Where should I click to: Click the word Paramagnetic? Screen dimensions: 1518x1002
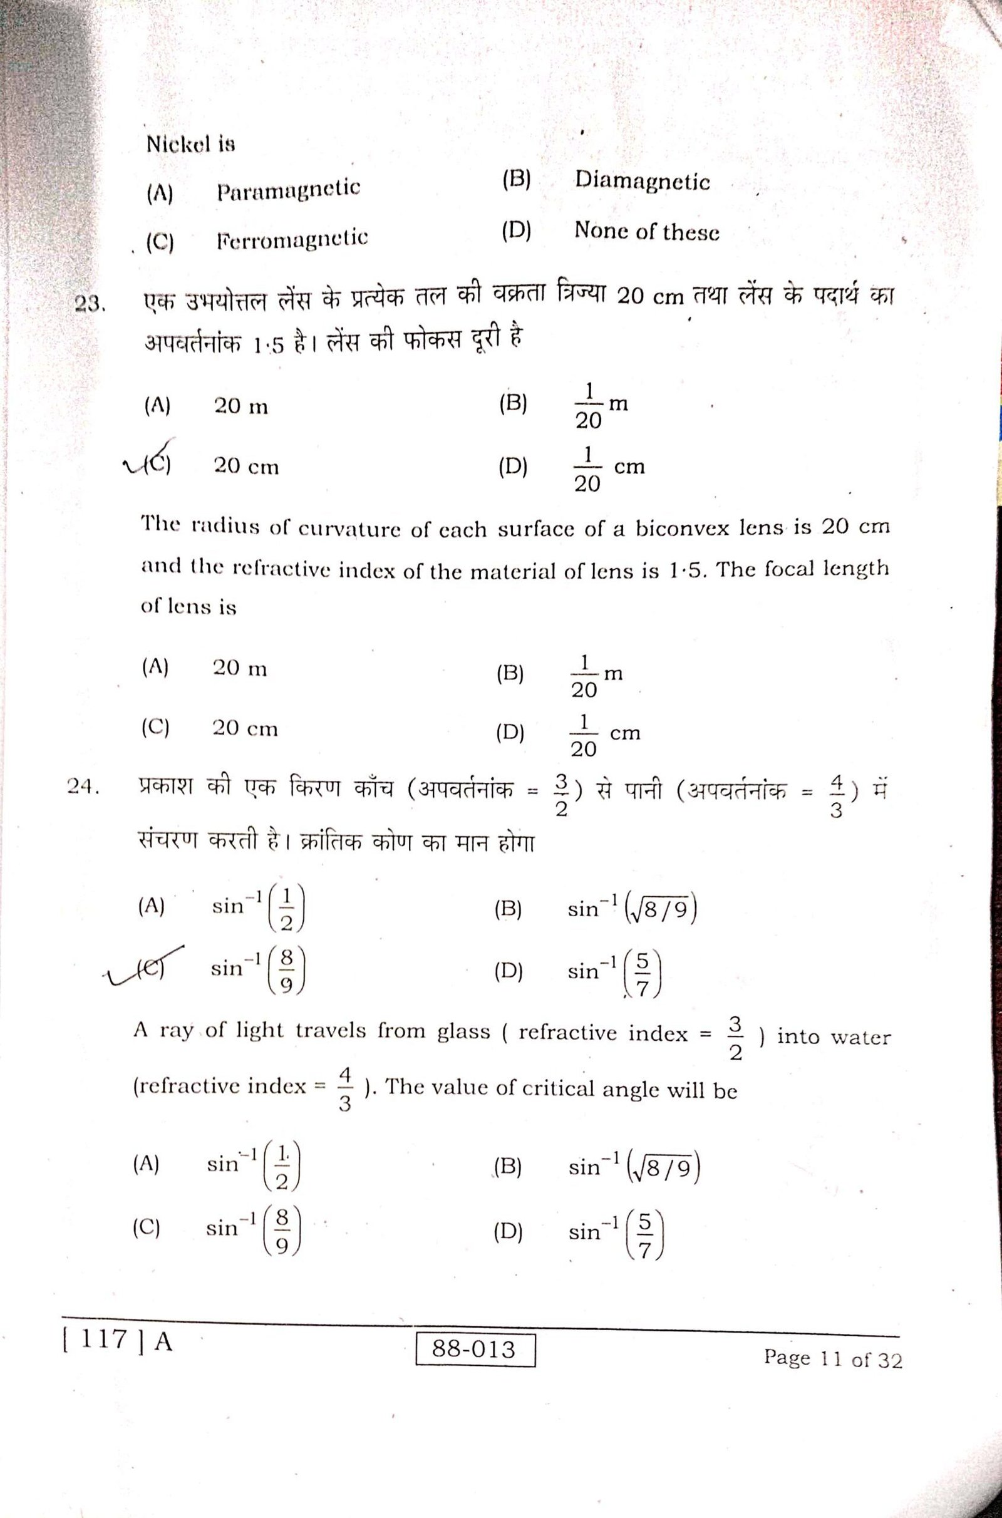tap(288, 190)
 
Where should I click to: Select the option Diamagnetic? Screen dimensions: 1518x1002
tap(643, 182)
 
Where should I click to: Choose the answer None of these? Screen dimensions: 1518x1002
tap(647, 231)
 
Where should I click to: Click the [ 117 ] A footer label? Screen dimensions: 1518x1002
tap(117, 1341)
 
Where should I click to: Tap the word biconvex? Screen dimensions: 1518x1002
tap(684, 530)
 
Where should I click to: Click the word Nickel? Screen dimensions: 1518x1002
tap(178, 144)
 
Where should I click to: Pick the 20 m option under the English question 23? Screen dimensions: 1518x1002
tap(240, 669)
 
